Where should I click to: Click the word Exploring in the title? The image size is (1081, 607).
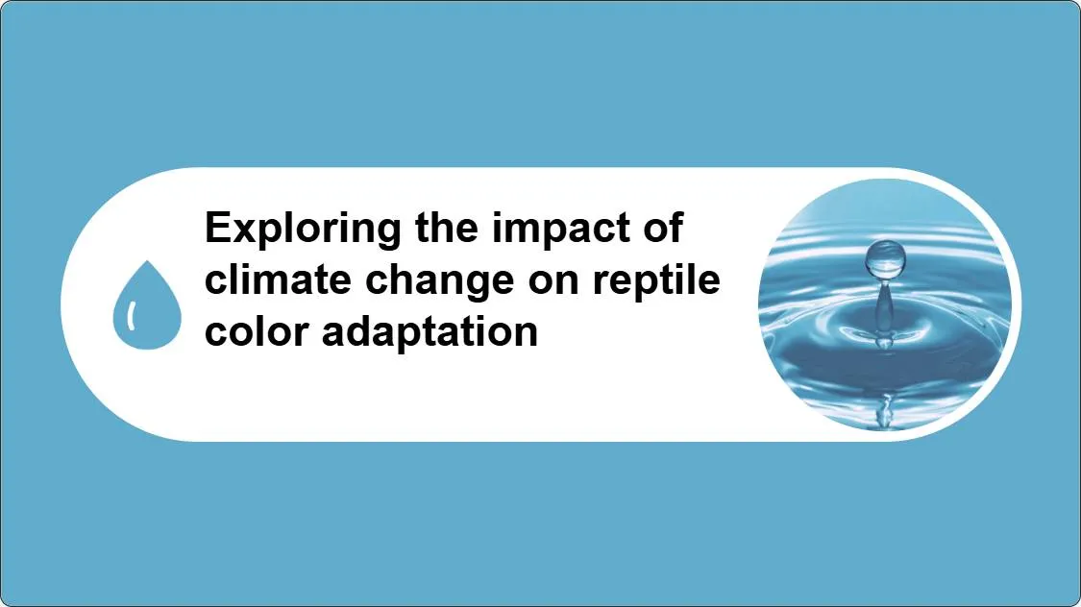point(303,229)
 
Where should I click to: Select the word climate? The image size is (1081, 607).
point(280,279)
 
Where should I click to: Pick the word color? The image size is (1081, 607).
point(258,332)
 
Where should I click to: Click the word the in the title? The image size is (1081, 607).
point(446,228)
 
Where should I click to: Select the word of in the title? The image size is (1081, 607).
point(663,228)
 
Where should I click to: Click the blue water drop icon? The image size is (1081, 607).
point(147,304)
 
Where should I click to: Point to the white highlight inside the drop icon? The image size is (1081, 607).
point(131,316)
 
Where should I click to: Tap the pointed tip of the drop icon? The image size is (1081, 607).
point(147,261)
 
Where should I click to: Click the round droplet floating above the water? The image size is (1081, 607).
point(885,259)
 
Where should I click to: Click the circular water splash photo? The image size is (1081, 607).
point(885,304)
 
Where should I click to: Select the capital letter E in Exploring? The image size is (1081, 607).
point(219,228)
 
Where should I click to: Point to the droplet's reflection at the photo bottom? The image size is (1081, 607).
point(885,411)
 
